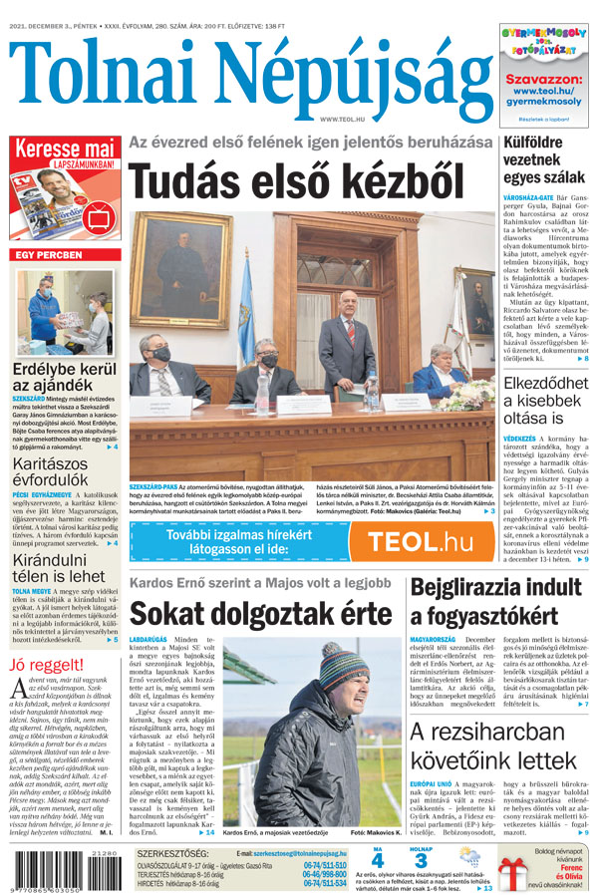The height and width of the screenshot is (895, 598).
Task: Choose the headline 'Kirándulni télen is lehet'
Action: click(60, 561)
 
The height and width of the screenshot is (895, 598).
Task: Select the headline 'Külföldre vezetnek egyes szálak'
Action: click(545, 159)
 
